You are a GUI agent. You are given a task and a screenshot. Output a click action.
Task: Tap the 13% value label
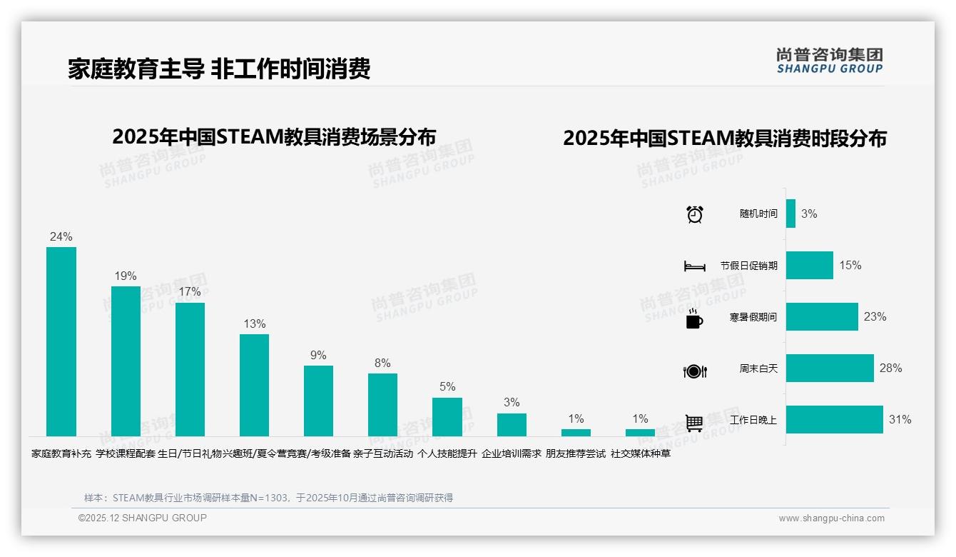pyautogui.click(x=254, y=324)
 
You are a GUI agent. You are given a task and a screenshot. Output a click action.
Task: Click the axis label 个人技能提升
pyautogui.click(x=447, y=453)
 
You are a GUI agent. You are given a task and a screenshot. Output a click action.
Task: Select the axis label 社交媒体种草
pyautogui.click(x=640, y=453)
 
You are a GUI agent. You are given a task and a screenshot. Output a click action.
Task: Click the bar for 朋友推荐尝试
pyautogui.click(x=576, y=432)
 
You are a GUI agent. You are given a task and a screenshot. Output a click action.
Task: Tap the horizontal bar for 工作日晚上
pyautogui.click(x=834, y=420)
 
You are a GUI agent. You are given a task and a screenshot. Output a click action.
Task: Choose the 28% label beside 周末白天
pyautogui.click(x=890, y=368)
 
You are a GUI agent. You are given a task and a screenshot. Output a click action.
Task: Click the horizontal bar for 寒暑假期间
pyautogui.click(x=822, y=317)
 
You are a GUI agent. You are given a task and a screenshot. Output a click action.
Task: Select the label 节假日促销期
pyautogui.click(x=748, y=266)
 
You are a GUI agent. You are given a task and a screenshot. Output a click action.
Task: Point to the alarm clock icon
pyautogui.click(x=695, y=214)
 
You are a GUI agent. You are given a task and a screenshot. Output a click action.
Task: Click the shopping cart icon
pyautogui.click(x=694, y=423)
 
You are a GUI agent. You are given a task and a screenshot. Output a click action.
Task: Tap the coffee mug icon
pyautogui.click(x=694, y=319)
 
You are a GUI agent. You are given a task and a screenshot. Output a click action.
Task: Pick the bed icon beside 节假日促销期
pyautogui.click(x=694, y=266)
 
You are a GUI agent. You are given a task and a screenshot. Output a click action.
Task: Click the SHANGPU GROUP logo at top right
pyautogui.click(x=829, y=61)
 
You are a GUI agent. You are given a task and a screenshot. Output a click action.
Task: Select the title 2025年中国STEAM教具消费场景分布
pyautogui.click(x=274, y=136)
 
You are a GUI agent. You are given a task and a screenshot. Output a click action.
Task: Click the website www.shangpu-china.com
pyautogui.click(x=831, y=518)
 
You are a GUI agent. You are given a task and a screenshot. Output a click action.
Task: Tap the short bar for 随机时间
pyautogui.click(x=790, y=214)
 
